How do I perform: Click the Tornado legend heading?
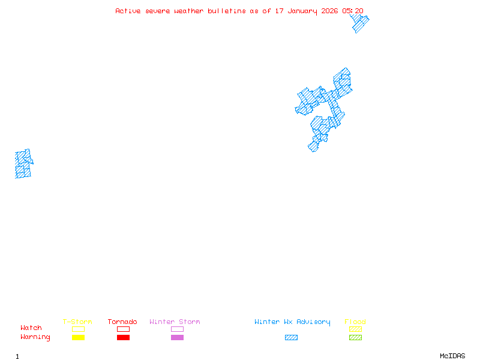(122, 322)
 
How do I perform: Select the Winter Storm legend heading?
(175, 322)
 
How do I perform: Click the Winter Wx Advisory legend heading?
(292, 322)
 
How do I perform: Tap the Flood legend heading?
(355, 322)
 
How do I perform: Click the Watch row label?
(31, 328)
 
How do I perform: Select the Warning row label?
(35, 337)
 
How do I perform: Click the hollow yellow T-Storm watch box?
(78, 329)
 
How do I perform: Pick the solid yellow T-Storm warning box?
(78, 337)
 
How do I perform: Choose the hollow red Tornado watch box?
(123, 329)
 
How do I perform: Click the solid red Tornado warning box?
(123, 337)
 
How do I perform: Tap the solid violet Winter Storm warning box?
(177, 337)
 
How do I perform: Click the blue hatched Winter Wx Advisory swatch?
(291, 337)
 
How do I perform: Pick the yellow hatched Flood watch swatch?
(355, 329)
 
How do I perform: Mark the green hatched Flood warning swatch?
(355, 337)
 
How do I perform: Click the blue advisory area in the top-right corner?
(359, 23)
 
